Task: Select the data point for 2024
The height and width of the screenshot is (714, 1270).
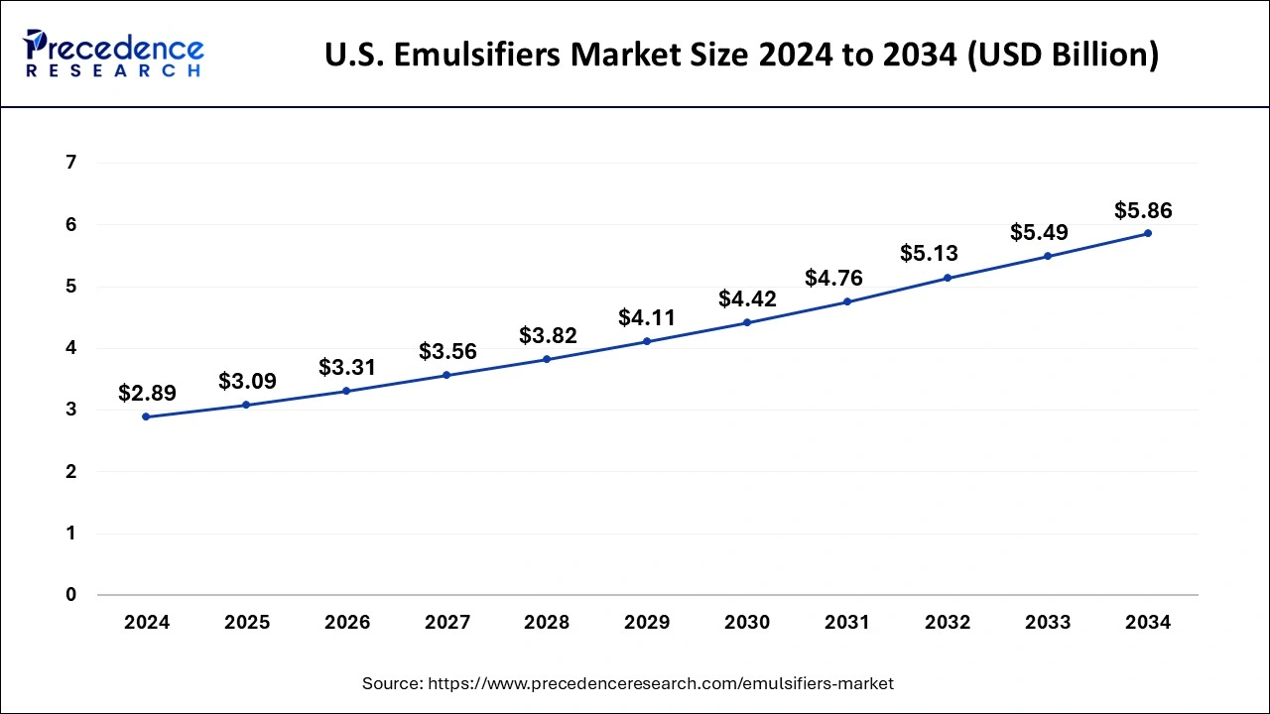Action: (x=146, y=416)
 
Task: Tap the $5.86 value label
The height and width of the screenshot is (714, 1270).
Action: (x=1143, y=210)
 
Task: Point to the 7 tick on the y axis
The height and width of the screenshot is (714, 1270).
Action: (x=70, y=163)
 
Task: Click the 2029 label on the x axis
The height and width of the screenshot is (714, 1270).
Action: (x=647, y=623)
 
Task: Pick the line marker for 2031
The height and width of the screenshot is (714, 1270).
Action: (x=847, y=301)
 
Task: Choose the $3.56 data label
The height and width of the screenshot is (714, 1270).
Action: (x=447, y=351)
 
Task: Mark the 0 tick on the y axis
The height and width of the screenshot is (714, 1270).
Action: (x=70, y=595)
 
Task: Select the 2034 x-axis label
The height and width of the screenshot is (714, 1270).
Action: (x=1148, y=623)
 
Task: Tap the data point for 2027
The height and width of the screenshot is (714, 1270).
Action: (x=446, y=375)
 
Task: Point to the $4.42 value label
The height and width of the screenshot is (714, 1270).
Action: (x=746, y=298)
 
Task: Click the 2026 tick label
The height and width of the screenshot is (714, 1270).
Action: (x=346, y=623)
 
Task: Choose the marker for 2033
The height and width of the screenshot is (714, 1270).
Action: (x=1048, y=256)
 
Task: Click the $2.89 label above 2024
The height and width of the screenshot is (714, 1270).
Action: (x=147, y=393)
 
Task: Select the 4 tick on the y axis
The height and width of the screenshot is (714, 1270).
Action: (x=70, y=348)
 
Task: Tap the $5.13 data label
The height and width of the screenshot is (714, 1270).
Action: (x=929, y=253)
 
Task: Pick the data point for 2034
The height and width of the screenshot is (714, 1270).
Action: (x=1148, y=233)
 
